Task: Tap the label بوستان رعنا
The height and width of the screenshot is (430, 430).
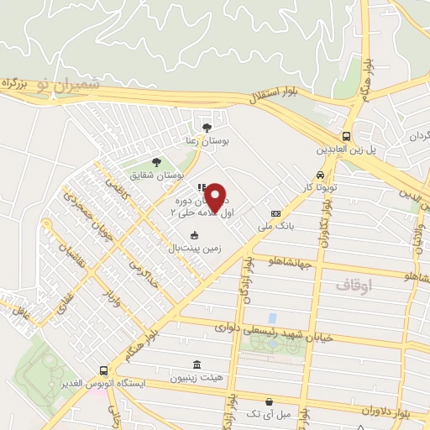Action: (x=208, y=142)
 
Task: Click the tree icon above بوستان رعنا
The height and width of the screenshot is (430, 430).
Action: (x=207, y=127)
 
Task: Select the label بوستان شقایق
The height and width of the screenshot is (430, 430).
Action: (x=156, y=176)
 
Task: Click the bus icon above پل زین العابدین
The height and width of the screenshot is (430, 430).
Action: (x=346, y=136)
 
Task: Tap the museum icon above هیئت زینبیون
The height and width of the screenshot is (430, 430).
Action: (x=197, y=364)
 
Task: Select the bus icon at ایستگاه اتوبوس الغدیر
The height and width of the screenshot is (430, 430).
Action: (x=102, y=370)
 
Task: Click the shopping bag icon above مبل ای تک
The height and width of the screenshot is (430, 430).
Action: (x=268, y=401)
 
